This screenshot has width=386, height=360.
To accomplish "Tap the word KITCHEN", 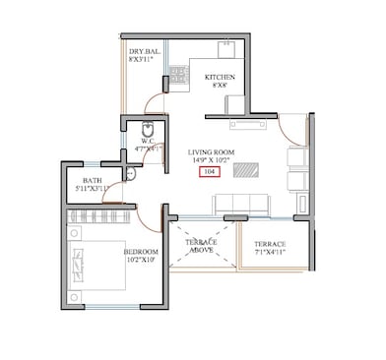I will click(220, 77).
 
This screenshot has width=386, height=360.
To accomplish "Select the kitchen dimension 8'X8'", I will click(220, 87).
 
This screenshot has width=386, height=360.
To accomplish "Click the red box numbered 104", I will click(209, 171).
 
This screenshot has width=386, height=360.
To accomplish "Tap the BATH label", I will click(93, 180).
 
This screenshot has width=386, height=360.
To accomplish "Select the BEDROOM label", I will click(142, 252).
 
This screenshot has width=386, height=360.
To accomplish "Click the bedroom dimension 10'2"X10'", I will click(142, 261).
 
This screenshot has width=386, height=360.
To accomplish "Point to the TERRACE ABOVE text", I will click(200, 245).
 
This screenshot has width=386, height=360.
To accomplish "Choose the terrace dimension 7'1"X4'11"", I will click(270, 253).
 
